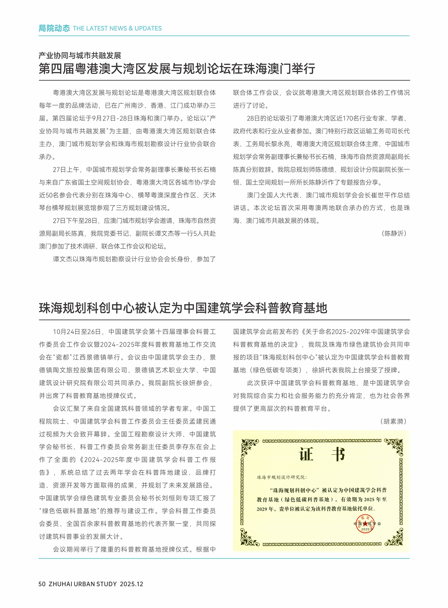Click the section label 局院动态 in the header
(x=54, y=28)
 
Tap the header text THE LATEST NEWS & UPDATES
(x=117, y=28)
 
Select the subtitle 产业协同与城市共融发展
(x=80, y=56)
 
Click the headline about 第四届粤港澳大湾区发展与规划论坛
(x=177, y=69)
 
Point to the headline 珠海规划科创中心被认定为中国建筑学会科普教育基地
(x=183, y=308)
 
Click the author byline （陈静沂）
(x=394, y=234)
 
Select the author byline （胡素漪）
(x=393, y=421)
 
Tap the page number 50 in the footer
(x=42, y=584)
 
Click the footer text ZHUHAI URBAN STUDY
(x=83, y=584)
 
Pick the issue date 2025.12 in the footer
(x=131, y=584)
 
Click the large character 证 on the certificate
(x=306, y=455)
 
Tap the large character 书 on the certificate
(x=338, y=455)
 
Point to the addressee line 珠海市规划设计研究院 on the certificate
(x=281, y=478)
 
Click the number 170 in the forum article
(x=348, y=119)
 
